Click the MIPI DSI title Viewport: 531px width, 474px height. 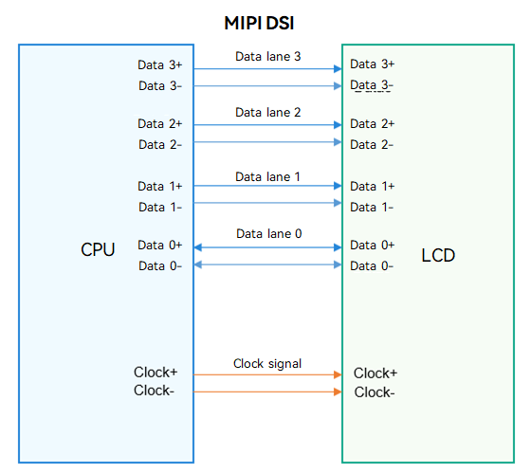(259, 24)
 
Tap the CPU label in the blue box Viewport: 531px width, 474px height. (98, 250)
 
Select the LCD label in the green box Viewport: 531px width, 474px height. (438, 255)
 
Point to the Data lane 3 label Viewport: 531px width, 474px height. (267, 56)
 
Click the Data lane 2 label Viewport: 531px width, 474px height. (267, 113)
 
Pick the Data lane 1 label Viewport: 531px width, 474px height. (267, 176)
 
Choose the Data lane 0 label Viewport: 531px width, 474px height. (269, 233)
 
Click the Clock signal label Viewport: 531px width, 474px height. (267, 364)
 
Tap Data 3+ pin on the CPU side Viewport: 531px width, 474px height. (160, 64)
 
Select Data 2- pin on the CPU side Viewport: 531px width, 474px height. (160, 144)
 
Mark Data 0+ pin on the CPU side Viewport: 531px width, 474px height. (160, 246)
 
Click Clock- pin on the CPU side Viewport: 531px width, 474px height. (154, 391)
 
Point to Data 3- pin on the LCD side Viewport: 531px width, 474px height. (372, 85)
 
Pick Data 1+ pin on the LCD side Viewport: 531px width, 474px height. (372, 186)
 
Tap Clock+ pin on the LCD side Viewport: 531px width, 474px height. (375, 374)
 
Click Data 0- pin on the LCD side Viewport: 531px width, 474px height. (372, 266)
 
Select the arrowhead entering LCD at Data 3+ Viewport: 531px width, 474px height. (338, 69)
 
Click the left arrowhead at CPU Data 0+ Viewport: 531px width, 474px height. (198, 247)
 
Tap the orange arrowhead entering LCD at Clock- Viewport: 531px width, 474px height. (338, 392)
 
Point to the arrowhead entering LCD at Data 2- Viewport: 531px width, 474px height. (338, 142)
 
